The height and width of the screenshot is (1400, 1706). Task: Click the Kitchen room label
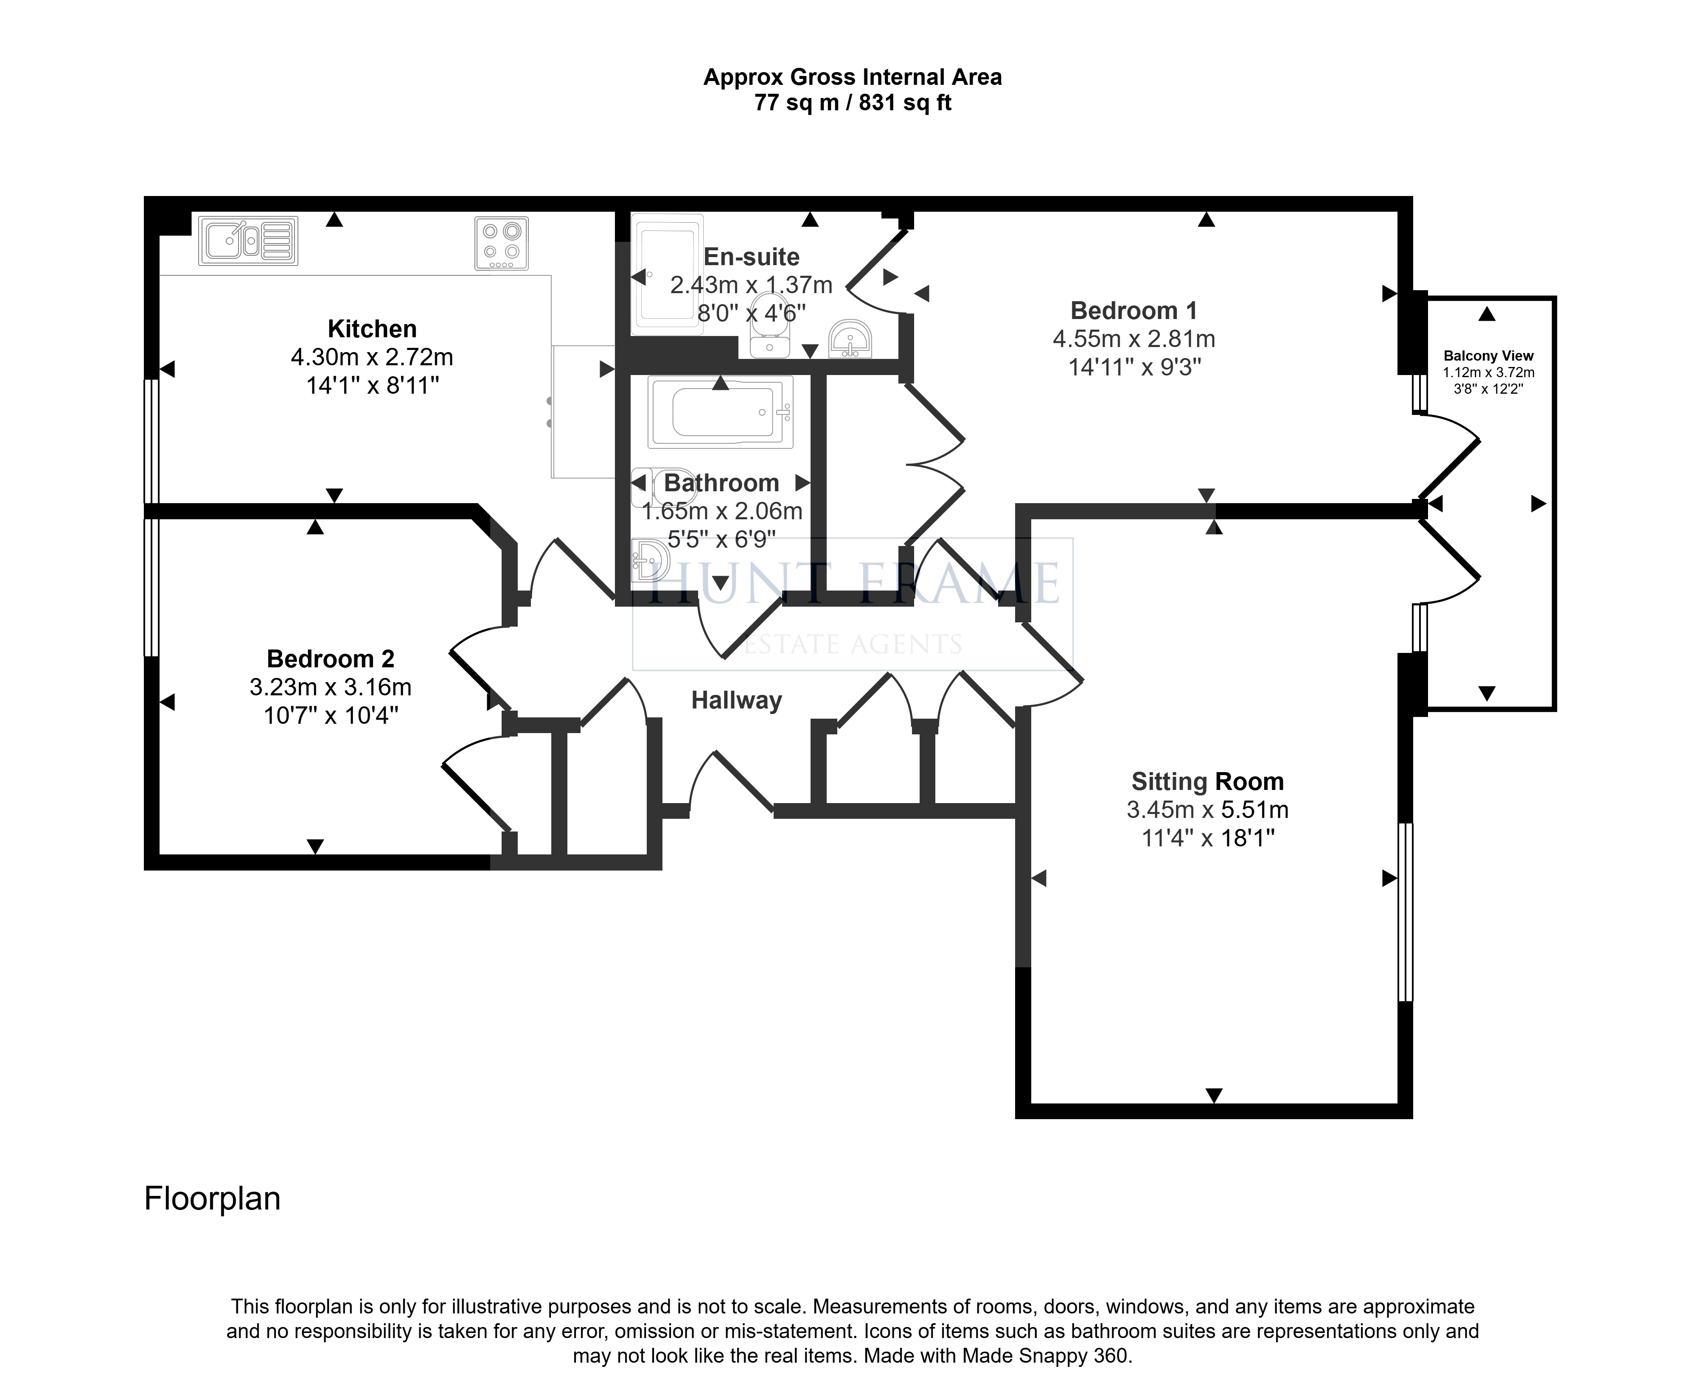tap(372, 329)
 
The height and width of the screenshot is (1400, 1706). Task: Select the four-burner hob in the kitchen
tap(501, 243)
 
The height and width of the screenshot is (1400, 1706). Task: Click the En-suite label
tap(752, 257)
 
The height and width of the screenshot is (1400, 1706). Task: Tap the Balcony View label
tap(1488, 356)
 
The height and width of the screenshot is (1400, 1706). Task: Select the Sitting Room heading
tap(1207, 781)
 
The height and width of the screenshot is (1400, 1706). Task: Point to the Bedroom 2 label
tap(331, 659)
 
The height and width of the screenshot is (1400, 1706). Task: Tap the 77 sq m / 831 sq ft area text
tap(853, 103)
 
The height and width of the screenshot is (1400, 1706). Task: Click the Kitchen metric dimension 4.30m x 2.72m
tap(372, 357)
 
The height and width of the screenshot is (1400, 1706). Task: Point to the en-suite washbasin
tap(849, 339)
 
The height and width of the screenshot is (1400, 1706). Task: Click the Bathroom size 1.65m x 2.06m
tap(722, 511)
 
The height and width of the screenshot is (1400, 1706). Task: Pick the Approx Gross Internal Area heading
tap(853, 77)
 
